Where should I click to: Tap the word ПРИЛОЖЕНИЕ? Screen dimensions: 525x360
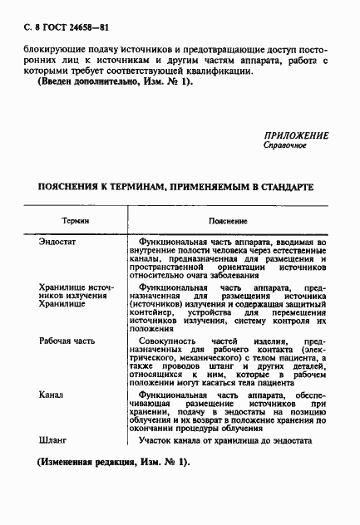coord(296,135)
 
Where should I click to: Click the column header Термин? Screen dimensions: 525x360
coord(76,222)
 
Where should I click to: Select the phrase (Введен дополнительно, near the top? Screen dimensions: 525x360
coord(91,81)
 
